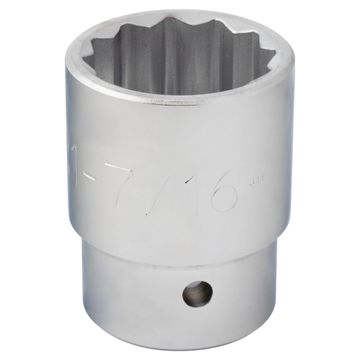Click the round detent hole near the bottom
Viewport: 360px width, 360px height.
tap(197, 293)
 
